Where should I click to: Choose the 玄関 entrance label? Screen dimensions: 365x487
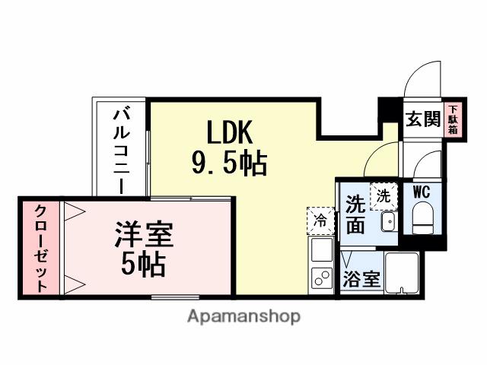pyautogui.click(x=423, y=119)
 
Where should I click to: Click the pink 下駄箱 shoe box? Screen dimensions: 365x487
pyautogui.click(x=453, y=120)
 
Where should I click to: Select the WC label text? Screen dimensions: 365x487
pyautogui.click(x=422, y=192)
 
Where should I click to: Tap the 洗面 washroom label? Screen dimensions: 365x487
pyautogui.click(x=356, y=214)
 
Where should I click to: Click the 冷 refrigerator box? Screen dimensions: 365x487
pyautogui.click(x=320, y=221)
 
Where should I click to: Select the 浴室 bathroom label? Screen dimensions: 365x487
pyautogui.click(x=361, y=278)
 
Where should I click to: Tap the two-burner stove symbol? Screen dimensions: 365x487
pyautogui.click(x=320, y=277)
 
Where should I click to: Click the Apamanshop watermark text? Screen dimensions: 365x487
pyautogui.click(x=243, y=316)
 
